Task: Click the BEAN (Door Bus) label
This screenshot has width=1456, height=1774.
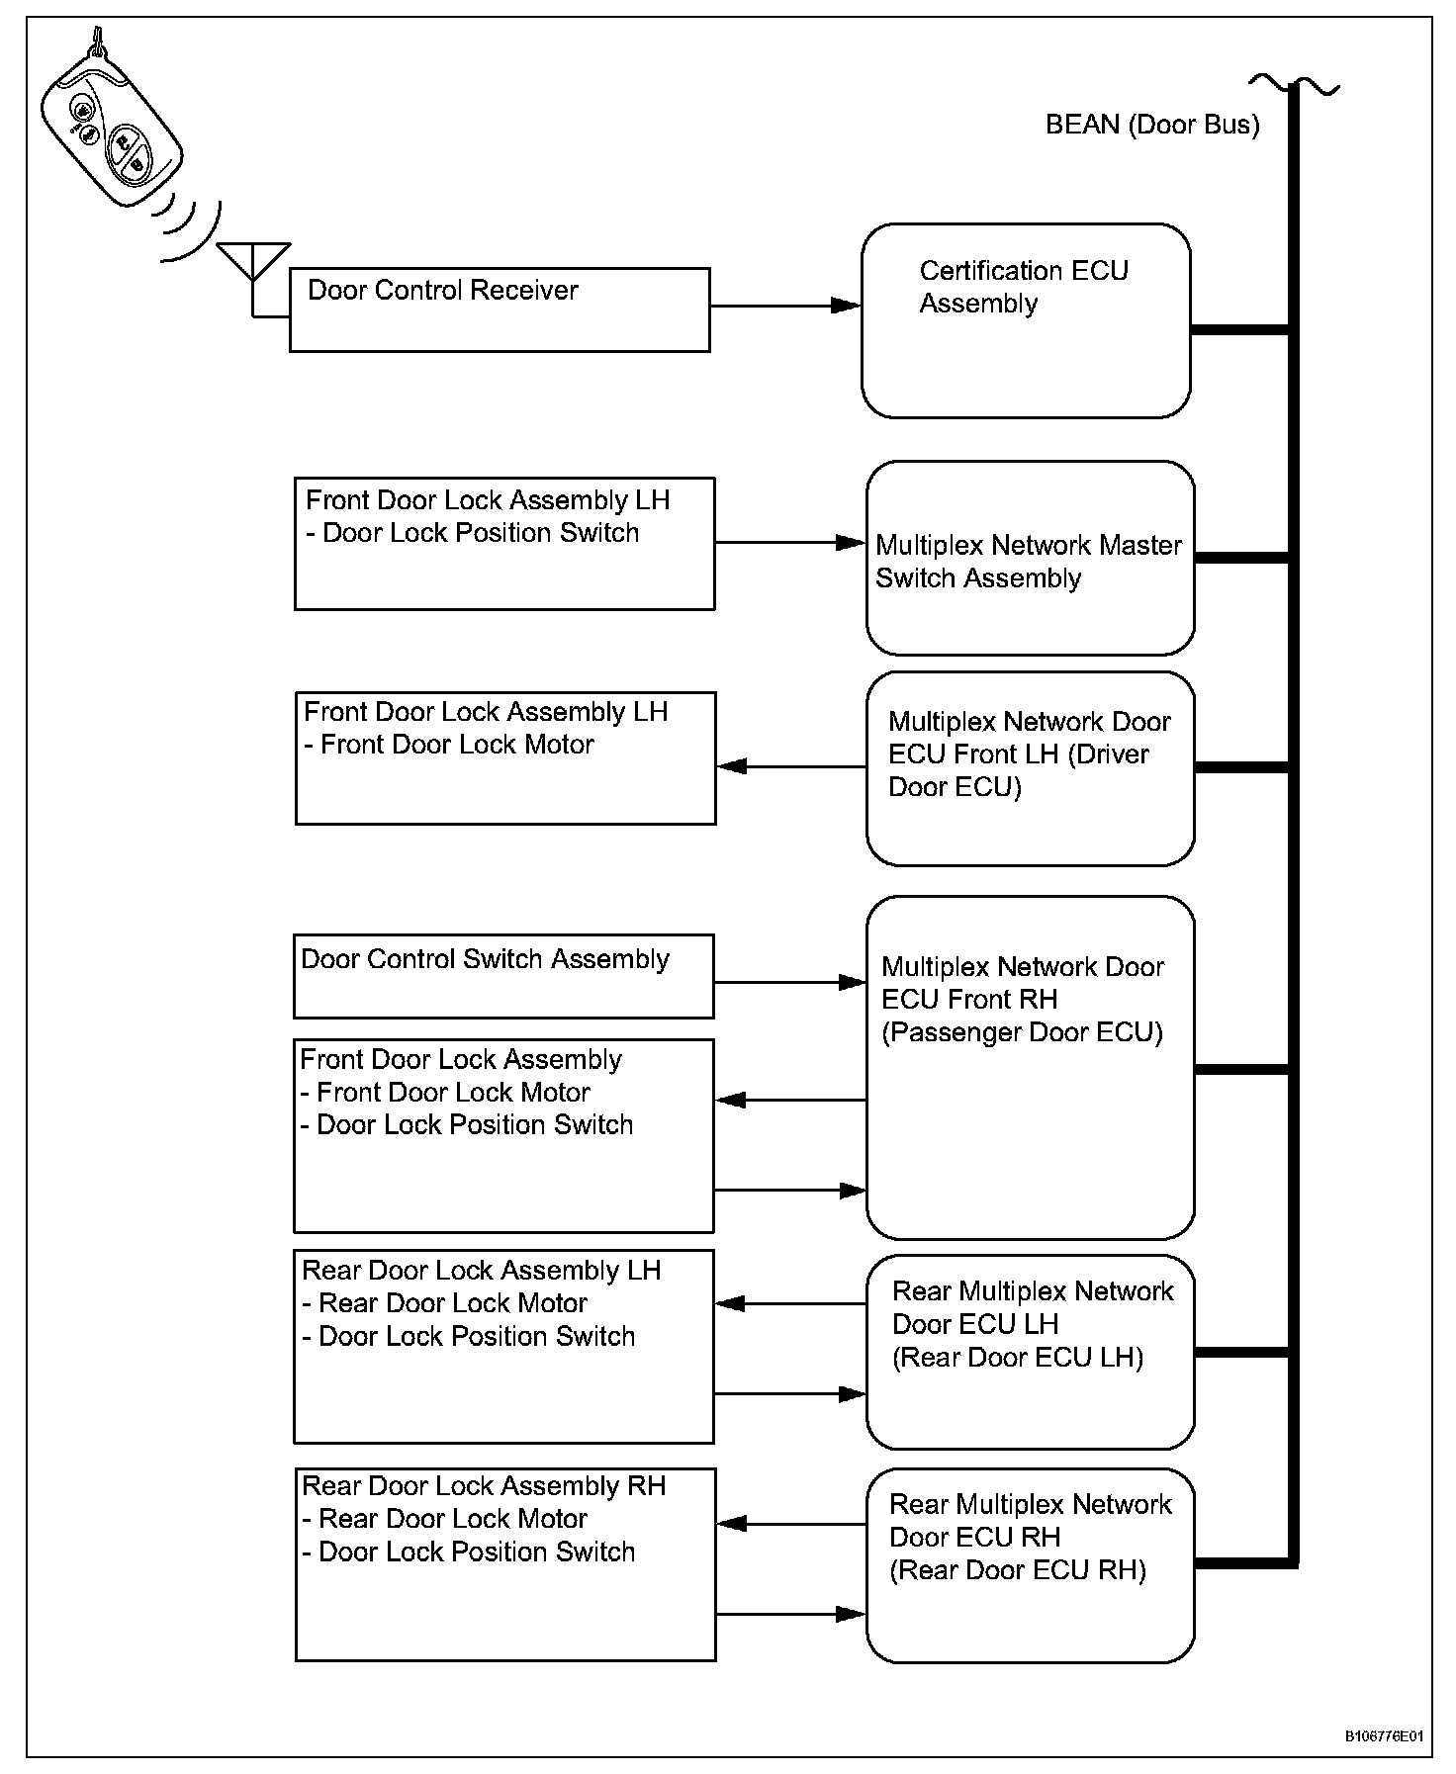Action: pos(1152,125)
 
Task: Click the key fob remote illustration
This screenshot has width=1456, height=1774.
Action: pos(111,123)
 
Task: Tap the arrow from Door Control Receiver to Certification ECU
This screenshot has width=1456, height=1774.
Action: pos(785,306)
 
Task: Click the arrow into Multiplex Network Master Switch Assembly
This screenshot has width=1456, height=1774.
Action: pos(790,542)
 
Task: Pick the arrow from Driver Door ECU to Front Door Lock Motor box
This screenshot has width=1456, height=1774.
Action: pos(791,766)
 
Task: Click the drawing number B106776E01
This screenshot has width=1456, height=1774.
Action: pos(1384,1735)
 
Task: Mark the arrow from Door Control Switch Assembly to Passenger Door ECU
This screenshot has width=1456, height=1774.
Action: pos(790,982)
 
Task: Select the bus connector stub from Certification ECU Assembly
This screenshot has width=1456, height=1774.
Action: pos(1239,329)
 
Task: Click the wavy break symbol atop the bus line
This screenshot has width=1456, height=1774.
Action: pos(1294,84)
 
